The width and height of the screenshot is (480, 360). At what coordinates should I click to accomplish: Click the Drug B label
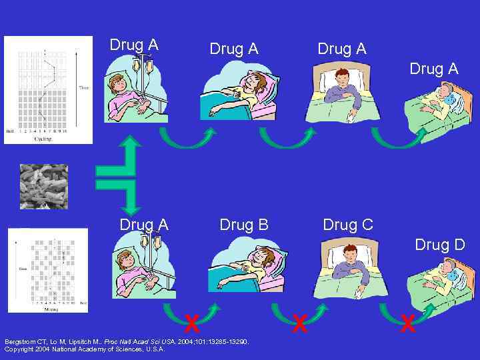(x=243, y=225)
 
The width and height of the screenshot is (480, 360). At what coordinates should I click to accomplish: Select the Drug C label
(x=348, y=225)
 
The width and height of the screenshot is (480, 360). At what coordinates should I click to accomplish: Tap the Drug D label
(x=440, y=245)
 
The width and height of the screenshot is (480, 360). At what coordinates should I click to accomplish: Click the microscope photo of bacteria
(x=44, y=187)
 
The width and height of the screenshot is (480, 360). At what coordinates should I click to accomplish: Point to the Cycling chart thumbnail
(x=48, y=89)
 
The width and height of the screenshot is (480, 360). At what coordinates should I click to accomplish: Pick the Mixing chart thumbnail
(x=48, y=270)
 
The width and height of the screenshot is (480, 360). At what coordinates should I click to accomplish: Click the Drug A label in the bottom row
(x=144, y=225)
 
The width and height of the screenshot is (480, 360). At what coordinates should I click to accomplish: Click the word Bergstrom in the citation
(x=19, y=341)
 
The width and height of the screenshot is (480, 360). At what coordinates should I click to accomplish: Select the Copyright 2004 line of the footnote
(x=85, y=349)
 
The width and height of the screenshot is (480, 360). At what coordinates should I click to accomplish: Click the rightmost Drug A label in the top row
(x=434, y=69)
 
